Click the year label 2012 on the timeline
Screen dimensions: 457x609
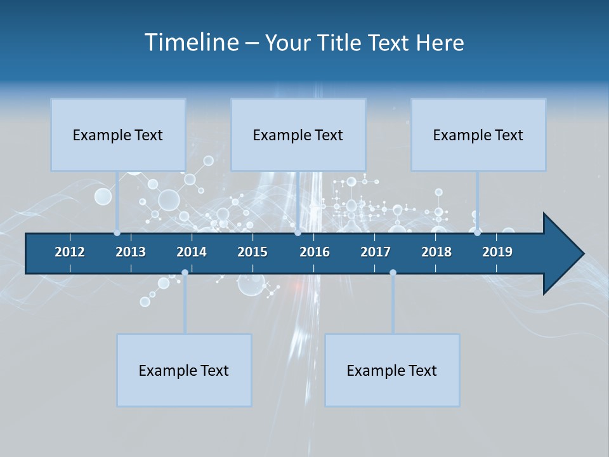coord(70,252)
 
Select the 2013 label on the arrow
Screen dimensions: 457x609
coord(131,252)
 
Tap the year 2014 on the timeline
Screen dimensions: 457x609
coord(192,252)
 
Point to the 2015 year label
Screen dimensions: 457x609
coord(252,252)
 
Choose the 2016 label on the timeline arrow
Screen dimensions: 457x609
coord(315,252)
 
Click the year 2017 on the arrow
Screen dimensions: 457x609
coord(376,252)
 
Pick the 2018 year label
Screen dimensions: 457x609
coord(436,252)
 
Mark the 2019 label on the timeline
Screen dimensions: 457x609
coord(497,252)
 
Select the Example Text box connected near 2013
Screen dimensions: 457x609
coord(118,135)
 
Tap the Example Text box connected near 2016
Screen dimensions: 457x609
coord(298,135)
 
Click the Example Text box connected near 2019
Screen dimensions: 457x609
coord(478,135)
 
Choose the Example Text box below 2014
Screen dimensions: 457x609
coord(184,370)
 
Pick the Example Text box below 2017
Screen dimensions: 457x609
coord(392,370)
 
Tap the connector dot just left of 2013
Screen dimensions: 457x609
coord(117,233)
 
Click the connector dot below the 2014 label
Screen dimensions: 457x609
coord(185,272)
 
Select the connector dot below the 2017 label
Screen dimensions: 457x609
coord(393,272)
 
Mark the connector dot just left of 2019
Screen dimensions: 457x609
coord(477,233)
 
